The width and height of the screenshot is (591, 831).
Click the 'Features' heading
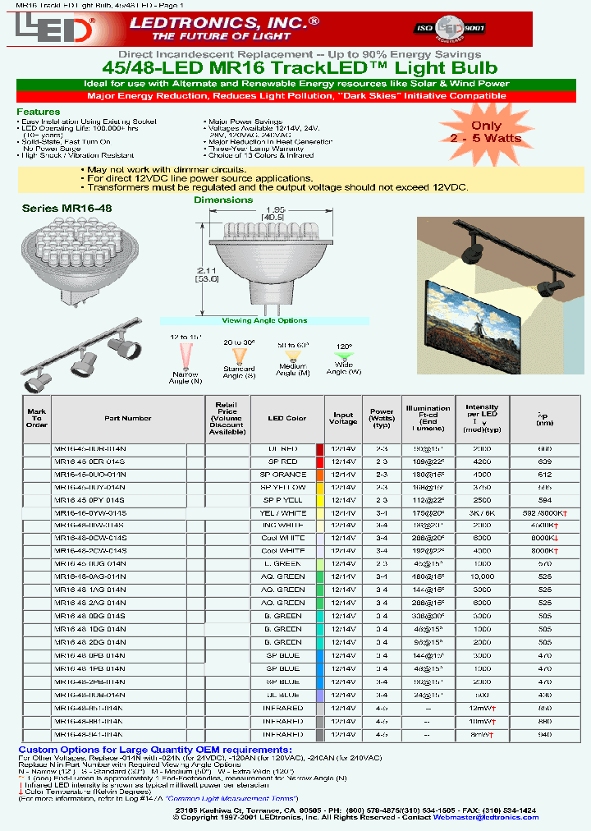pos(39,112)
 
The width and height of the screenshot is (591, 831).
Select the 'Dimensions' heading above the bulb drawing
pos(223,200)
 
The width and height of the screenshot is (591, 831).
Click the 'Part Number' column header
pos(128,418)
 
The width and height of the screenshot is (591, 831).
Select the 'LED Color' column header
pos(286,418)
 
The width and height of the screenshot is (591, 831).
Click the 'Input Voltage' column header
pos(343,418)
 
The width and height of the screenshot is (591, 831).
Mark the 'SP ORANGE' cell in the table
pos(283,475)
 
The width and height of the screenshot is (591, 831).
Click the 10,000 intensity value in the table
pos(482,577)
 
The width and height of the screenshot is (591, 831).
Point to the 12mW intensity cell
pos(482,707)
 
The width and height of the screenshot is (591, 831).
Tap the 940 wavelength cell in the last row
pos(544,735)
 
